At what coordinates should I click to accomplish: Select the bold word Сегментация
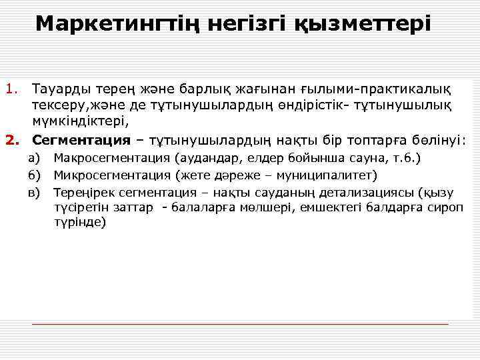tap(81, 140)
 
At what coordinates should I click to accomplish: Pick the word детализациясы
tap(358, 193)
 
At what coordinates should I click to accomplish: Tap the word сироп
tap(446, 207)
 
